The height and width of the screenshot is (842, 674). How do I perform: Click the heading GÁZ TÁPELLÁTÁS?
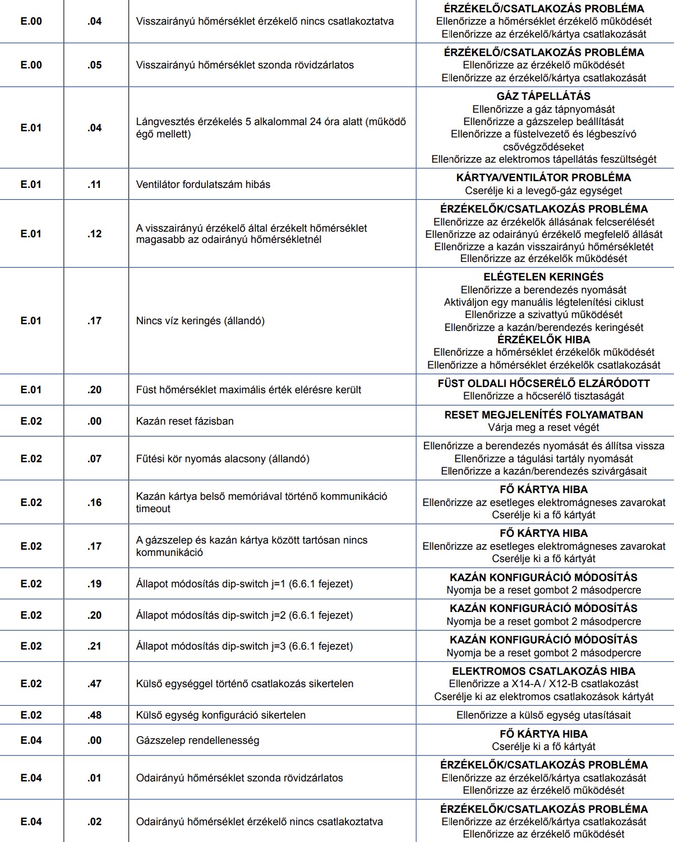coord(543,96)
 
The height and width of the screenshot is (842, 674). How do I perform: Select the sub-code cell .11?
coord(94,184)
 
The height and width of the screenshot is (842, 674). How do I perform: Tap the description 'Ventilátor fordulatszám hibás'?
coord(203,184)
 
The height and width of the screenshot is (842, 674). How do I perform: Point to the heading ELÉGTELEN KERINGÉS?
coord(543,277)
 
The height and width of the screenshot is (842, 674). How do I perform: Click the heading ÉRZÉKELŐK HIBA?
coord(543,339)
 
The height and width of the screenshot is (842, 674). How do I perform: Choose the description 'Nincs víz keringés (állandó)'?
coord(200,321)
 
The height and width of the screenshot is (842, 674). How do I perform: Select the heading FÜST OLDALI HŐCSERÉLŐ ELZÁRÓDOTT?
coord(543,383)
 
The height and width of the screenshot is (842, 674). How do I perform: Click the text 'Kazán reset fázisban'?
coord(184,421)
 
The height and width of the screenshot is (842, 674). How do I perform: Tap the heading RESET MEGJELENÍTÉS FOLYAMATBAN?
coord(543,415)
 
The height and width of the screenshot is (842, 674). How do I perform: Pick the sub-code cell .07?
coord(94,458)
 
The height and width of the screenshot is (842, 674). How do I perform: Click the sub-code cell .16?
coord(94,502)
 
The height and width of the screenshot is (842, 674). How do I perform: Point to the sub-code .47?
coord(94,683)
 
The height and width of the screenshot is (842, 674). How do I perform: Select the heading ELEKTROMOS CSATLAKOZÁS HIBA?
coord(543,671)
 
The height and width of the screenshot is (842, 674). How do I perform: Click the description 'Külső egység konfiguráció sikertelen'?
coord(221,715)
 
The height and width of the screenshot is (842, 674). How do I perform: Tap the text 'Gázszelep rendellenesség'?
coord(197,740)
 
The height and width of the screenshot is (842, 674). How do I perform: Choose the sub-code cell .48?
coord(94,715)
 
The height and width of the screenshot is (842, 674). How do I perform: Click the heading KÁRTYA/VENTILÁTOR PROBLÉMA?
coord(543,177)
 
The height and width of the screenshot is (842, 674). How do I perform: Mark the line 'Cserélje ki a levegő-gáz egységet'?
coord(543,191)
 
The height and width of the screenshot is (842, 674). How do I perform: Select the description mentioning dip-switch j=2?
coord(244,615)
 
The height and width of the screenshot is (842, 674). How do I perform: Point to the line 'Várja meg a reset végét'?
coord(543,427)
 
